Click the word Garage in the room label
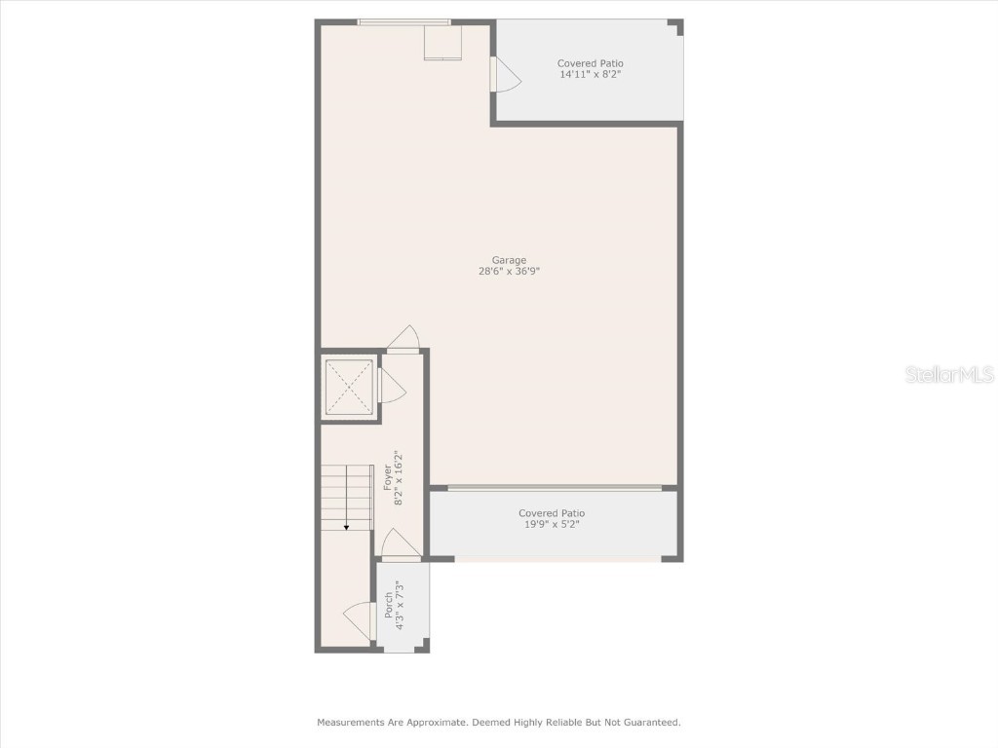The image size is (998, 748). tap(509, 260)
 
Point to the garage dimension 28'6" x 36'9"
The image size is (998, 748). tap(509, 272)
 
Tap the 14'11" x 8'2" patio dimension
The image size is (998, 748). tap(591, 75)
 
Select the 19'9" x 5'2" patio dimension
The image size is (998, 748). tap(552, 524)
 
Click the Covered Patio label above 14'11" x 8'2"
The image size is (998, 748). tap(591, 63)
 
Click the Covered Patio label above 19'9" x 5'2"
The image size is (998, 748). tap(552, 513)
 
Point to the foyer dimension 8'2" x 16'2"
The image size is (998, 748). tap(399, 477)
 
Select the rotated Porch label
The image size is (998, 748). tap(389, 605)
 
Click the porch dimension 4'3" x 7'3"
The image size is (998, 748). tap(400, 605)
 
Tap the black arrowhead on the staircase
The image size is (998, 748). tap(346, 527)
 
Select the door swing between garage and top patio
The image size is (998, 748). tap(505, 75)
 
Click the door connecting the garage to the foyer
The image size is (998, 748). tap(403, 338)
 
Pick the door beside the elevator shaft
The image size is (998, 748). tap(392, 387)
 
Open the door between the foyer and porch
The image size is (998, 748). tap(400, 544)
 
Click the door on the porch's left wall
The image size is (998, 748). tap(360, 620)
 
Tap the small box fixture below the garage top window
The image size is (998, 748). tap(442, 43)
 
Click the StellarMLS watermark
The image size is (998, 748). tap(949, 374)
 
